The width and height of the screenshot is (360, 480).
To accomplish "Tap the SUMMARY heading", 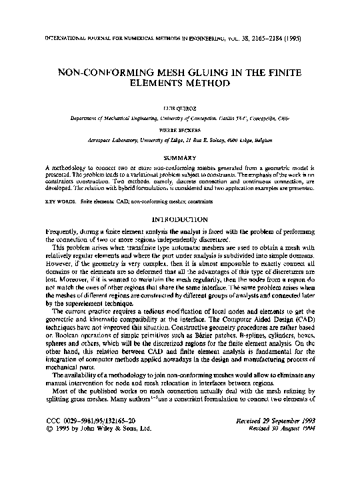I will coord(180,157).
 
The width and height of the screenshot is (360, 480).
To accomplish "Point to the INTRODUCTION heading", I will coord(180,219).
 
